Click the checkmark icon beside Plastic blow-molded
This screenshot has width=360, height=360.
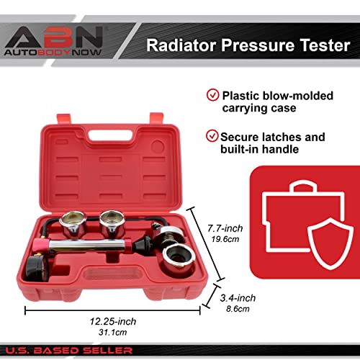[x=212, y=95]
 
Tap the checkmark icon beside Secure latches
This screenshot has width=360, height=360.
[x=212, y=136]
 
